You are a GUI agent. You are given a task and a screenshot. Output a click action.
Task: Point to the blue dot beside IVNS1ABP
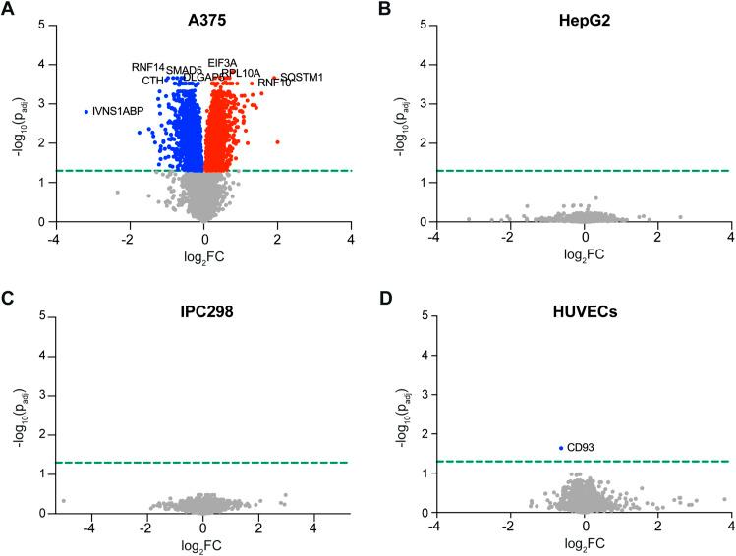coord(86,112)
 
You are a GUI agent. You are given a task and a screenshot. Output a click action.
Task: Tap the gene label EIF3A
coord(222,63)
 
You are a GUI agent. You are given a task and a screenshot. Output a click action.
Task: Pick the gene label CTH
coord(152,81)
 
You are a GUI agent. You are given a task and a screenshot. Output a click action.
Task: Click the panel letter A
coord(8,10)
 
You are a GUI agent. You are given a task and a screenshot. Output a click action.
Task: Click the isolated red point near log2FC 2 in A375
coord(277,142)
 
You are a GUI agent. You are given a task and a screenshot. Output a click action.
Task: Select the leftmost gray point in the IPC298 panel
coord(63,501)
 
